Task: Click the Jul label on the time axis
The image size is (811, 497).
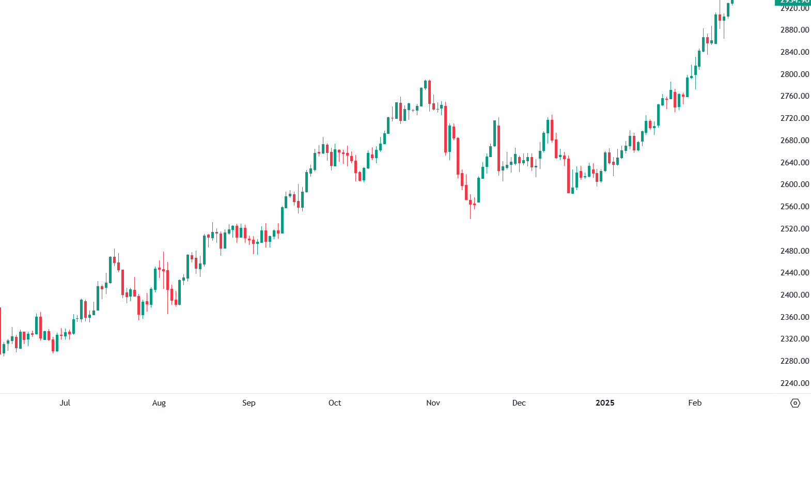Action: tap(65, 403)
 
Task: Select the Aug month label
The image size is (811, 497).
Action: tap(159, 403)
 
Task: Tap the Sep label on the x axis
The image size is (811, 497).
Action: tap(248, 403)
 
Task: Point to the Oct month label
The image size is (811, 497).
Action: tap(335, 403)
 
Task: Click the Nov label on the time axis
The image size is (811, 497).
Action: tap(433, 403)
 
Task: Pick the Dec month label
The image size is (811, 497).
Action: tap(519, 403)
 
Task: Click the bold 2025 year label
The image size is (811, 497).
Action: tap(605, 403)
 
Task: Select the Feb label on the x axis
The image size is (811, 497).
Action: tap(695, 403)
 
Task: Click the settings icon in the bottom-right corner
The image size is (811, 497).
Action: tap(795, 403)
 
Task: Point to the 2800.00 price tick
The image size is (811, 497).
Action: tap(794, 74)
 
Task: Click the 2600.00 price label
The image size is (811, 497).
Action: tap(794, 184)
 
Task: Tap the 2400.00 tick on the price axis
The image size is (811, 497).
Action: tap(794, 295)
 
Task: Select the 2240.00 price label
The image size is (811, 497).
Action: tap(794, 383)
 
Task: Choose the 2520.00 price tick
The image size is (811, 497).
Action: tap(794, 229)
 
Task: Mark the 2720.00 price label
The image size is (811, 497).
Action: tap(794, 118)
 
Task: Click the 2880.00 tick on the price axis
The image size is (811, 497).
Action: tap(794, 30)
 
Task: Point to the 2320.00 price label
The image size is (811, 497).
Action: tap(794, 339)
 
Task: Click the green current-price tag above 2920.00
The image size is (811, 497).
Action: tap(793, 2)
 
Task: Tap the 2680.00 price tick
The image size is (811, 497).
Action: tap(794, 141)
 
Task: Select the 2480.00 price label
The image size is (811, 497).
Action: tap(794, 251)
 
